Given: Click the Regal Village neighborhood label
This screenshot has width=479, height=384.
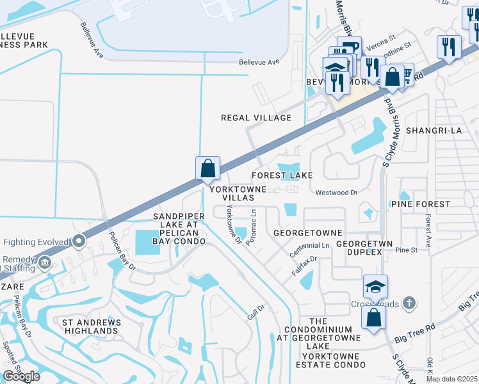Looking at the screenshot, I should pos(256,118).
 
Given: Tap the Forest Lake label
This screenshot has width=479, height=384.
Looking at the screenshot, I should pos(282,175).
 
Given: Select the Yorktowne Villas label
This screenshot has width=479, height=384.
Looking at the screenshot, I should pos(236,193).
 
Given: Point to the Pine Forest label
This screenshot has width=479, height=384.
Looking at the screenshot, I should pos(420,204).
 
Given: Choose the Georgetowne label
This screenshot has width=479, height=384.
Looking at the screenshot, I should pos(307,233).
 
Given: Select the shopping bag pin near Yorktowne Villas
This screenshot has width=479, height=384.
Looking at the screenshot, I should pos(208,170).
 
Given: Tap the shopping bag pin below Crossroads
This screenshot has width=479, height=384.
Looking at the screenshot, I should pos(373,317).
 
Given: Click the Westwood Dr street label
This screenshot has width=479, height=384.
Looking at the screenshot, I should pos(336,192).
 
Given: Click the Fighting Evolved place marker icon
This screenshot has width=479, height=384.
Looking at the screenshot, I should pos(78,241).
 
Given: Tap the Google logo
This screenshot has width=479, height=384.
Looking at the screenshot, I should pos(21,376).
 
